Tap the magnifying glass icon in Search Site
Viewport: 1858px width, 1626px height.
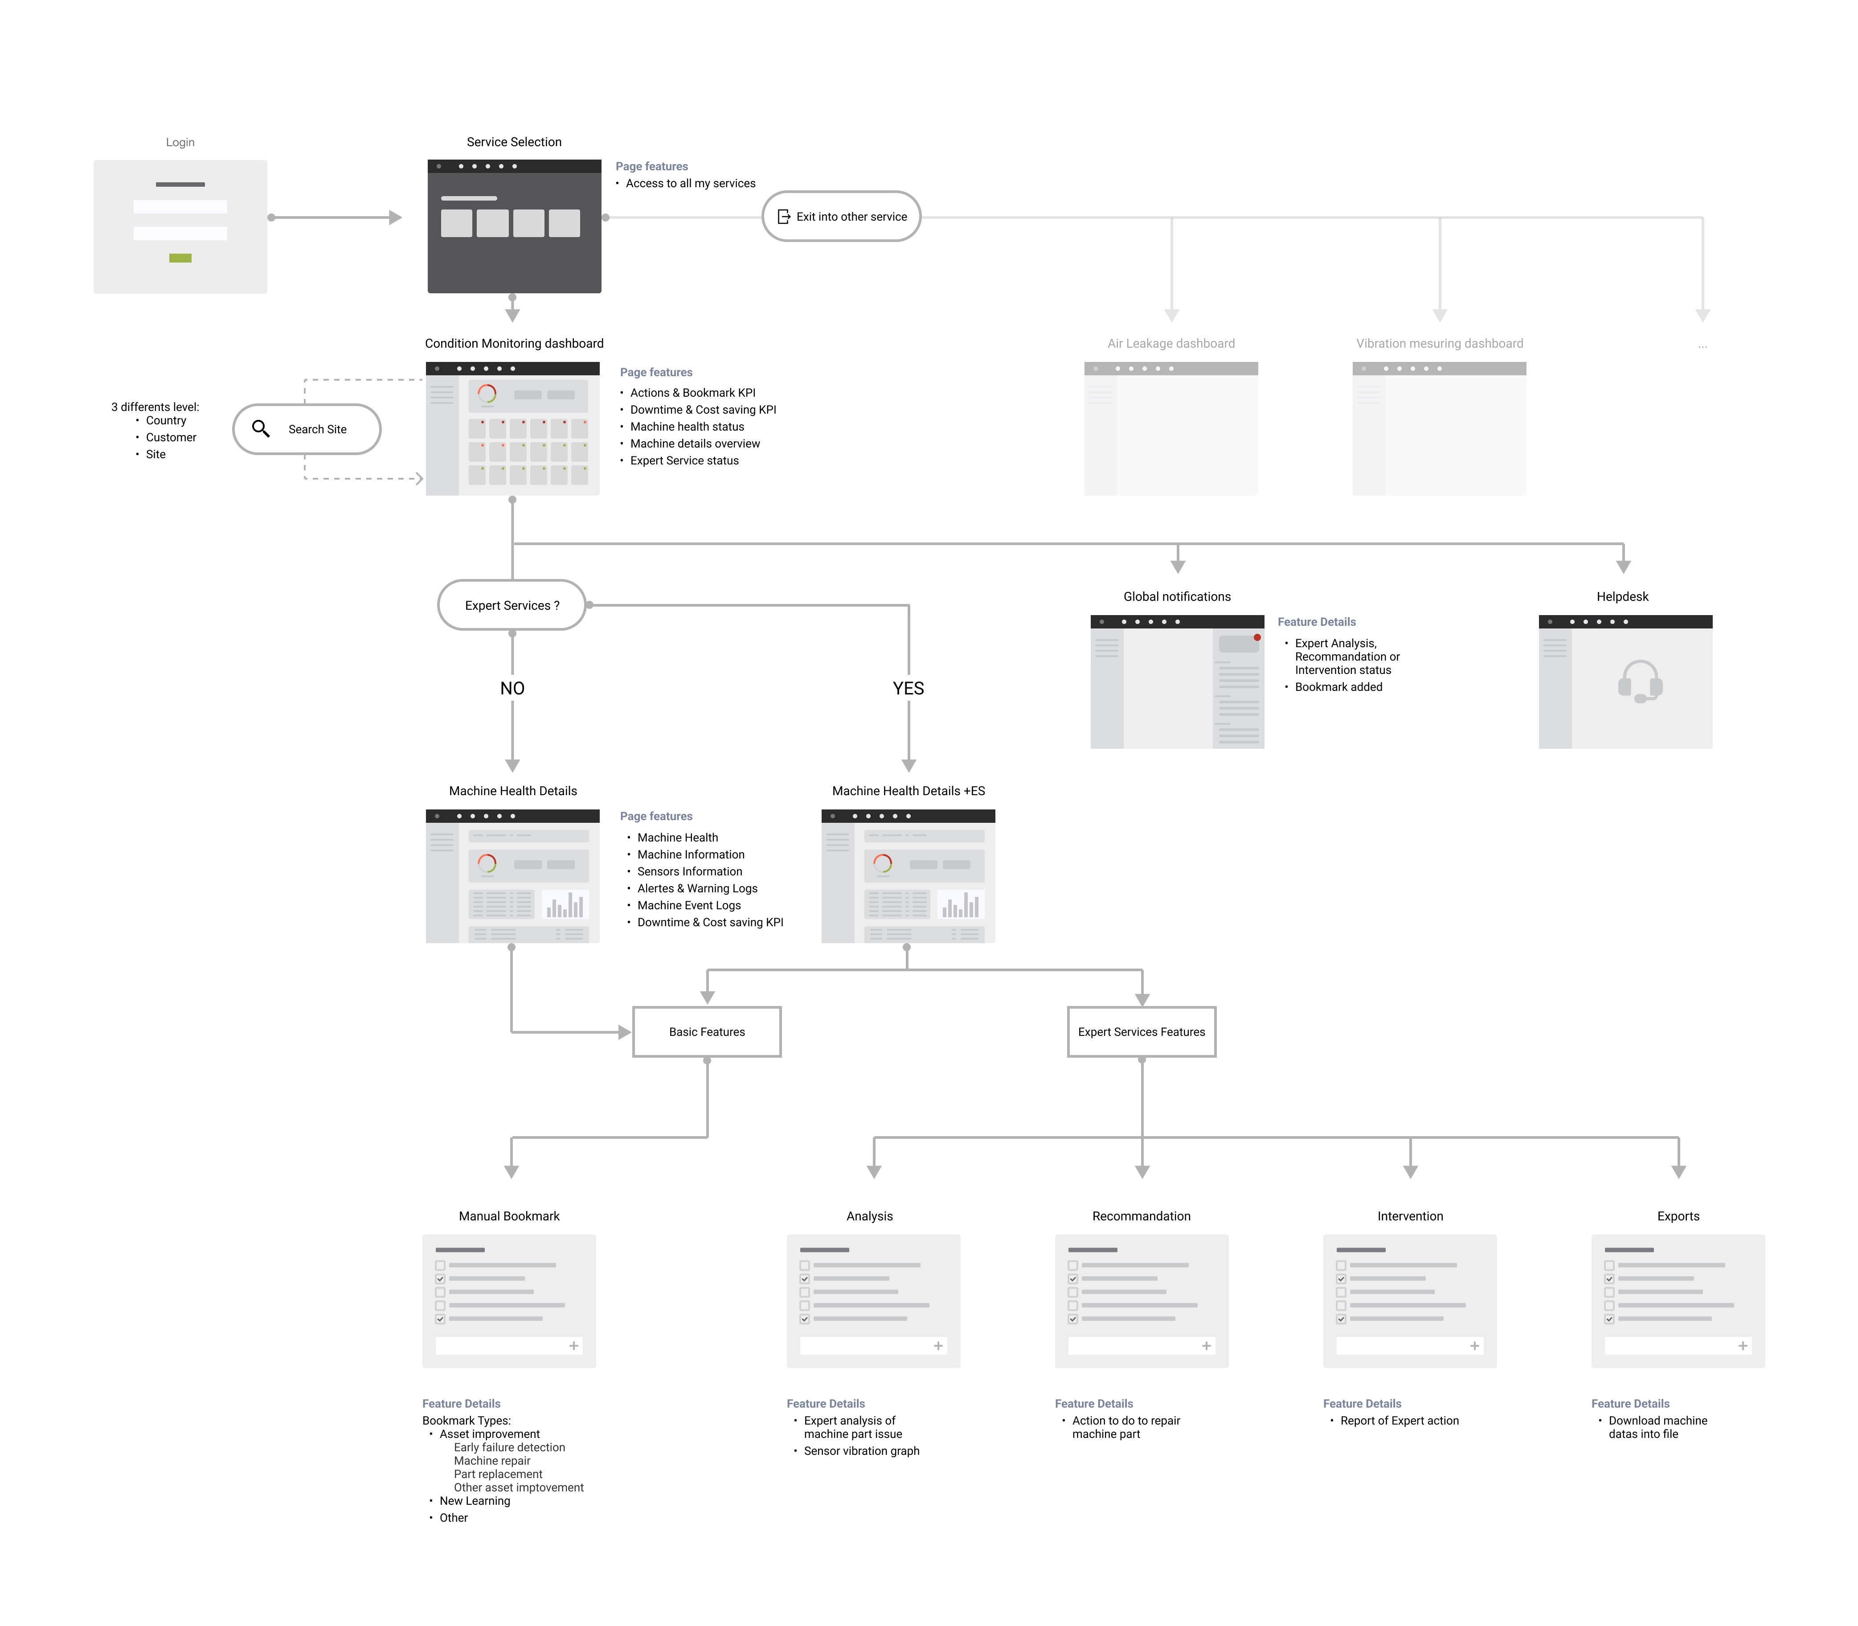260,428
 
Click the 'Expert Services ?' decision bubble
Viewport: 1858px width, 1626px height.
512,605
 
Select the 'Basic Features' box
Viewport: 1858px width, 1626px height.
707,1032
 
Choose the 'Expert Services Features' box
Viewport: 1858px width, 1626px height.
1141,1032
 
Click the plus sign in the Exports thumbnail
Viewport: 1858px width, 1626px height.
1742,1346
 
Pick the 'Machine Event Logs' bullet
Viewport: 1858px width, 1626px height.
688,906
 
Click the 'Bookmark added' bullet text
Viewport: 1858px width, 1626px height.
1338,687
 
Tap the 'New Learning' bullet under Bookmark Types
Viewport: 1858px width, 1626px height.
475,1501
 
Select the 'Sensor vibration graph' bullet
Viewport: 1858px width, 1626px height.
861,1451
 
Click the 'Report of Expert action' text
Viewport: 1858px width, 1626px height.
1399,1421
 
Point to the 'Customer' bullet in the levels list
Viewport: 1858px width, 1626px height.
171,437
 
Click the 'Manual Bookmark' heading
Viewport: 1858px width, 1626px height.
509,1216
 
